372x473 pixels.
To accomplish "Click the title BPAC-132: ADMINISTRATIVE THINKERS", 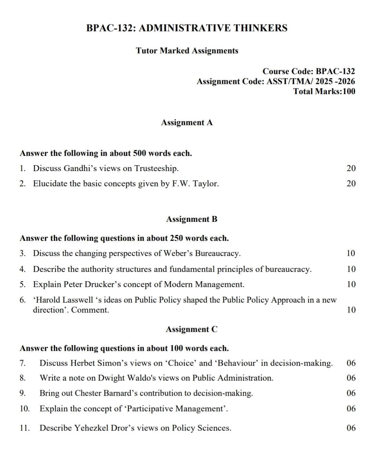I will pos(187,28).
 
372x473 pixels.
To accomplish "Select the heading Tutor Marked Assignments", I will pos(187,51).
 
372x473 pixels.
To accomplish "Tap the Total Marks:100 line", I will pos(324,91).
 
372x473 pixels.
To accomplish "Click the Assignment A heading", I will pos(187,122).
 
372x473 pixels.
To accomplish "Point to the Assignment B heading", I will pos(192,219).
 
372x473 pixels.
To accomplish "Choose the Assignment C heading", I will pos(192,329).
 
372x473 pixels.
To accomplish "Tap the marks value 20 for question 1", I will pos(351,168).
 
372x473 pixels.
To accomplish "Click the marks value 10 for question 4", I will pos(351,269).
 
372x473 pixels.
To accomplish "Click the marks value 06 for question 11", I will pos(351,428).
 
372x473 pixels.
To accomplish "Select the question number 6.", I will pos(22,300).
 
